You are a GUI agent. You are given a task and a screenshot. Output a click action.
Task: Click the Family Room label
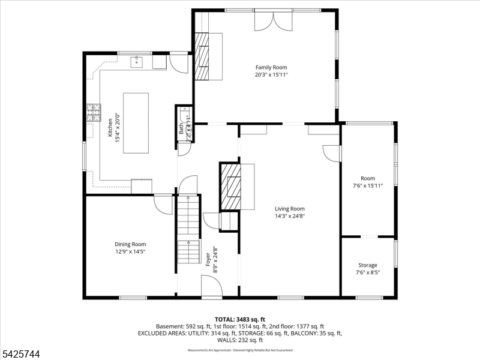tap(271, 67)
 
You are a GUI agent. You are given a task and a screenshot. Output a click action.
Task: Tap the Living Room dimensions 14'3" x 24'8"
tap(290, 216)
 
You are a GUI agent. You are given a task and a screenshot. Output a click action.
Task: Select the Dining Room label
tap(130, 244)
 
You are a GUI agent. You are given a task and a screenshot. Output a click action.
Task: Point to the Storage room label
tap(368, 265)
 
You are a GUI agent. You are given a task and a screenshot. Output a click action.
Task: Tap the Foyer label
tap(208, 259)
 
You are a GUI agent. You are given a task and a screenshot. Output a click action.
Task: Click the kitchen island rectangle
tap(136, 122)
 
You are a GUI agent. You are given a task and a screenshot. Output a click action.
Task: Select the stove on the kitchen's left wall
tap(94, 113)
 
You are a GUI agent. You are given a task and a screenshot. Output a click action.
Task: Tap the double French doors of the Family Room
tap(274, 20)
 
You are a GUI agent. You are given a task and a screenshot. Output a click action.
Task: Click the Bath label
tap(181, 128)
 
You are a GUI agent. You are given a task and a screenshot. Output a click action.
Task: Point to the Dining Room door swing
tap(163, 204)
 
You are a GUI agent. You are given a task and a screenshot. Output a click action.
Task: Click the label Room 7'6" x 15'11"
tap(367, 182)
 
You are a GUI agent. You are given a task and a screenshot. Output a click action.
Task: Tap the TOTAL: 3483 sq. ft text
tap(240, 319)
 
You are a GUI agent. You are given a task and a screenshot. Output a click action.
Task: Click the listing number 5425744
tap(22, 355)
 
